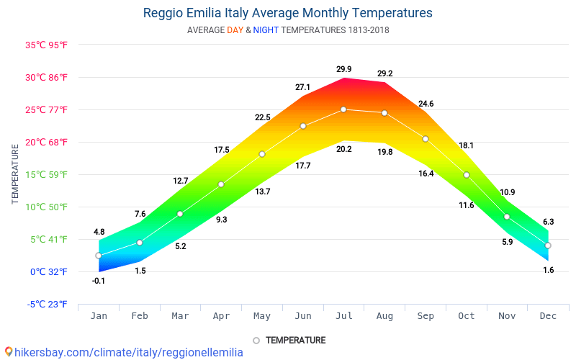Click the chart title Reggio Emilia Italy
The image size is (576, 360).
tap(288, 13)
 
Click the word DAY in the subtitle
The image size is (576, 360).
tap(235, 30)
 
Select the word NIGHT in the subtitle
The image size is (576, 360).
tap(266, 30)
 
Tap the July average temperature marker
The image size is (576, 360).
tap(343, 109)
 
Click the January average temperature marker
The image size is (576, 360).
tap(99, 256)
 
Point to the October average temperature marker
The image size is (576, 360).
tap(467, 175)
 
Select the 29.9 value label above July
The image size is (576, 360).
tap(343, 70)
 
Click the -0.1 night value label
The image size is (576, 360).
tap(99, 281)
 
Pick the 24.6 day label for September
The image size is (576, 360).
tap(426, 104)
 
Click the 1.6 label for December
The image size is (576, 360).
tap(548, 270)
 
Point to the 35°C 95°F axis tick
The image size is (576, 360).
tap(46, 45)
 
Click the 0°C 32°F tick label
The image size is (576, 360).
tap(49, 271)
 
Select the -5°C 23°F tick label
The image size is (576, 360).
tap(48, 304)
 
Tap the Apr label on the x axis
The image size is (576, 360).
tap(221, 315)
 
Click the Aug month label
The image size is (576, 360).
tap(384, 315)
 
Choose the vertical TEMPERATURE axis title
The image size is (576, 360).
tap(15, 174)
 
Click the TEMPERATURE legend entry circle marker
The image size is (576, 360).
tap(256, 341)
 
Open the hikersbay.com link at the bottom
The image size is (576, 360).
tap(129, 352)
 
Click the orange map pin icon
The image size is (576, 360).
tap(9, 352)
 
